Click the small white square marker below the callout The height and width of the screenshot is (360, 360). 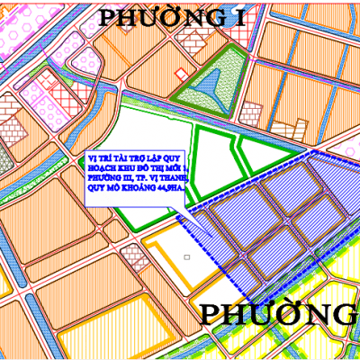click(x=185, y=257)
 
